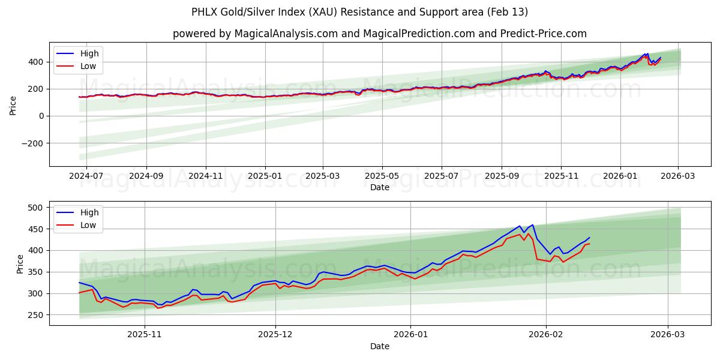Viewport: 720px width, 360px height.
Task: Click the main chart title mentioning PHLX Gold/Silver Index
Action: point(359,12)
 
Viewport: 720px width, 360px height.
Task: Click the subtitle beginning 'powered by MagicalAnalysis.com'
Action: point(379,34)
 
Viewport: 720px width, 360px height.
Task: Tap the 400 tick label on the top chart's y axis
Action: point(36,62)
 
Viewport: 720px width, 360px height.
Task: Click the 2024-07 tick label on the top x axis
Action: point(86,176)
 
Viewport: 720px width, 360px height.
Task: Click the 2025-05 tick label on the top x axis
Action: point(382,176)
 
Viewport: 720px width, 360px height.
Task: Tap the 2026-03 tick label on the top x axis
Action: point(678,176)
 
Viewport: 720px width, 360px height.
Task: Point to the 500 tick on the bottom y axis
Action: point(36,208)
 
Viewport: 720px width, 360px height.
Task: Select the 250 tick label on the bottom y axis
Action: point(36,315)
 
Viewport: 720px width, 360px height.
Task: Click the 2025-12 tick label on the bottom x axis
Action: point(275,335)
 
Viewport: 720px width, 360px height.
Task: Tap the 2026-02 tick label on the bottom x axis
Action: point(546,335)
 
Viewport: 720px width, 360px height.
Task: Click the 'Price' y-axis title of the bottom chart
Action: point(20,263)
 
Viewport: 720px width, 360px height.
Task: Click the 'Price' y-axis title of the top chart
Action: point(13,104)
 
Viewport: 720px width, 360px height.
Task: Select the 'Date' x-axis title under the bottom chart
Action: point(379,346)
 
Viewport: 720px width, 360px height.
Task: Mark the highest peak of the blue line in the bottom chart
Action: point(532,225)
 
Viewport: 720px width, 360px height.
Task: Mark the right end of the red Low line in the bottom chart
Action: point(589,244)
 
